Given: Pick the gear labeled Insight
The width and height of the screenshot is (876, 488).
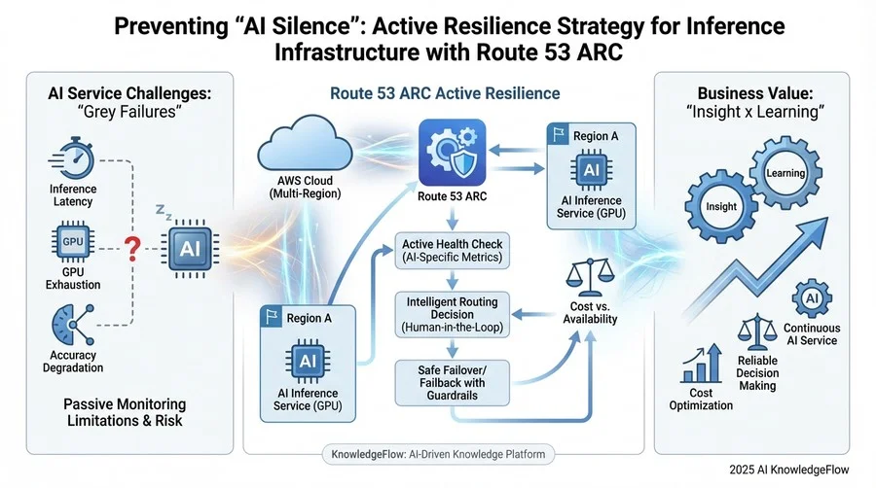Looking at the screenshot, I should [720, 206].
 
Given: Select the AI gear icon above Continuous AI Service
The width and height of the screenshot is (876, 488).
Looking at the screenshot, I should [811, 298].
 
